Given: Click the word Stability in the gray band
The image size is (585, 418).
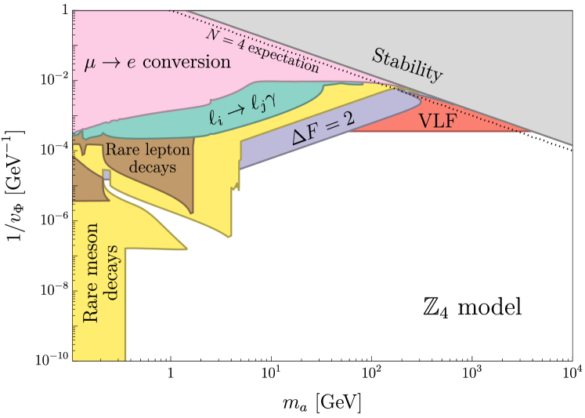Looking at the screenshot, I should click(x=406, y=66).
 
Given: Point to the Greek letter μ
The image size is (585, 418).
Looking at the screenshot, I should click(x=89, y=62).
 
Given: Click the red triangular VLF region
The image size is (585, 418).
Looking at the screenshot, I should click(x=470, y=123).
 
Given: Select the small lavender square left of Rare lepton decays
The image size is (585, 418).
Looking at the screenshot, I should click(x=106, y=173).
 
